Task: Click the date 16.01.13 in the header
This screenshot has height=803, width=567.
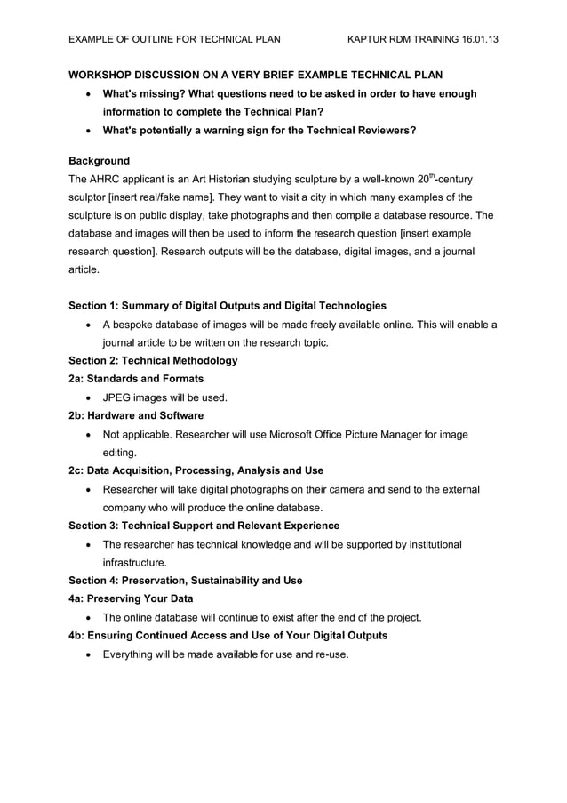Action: point(476,40)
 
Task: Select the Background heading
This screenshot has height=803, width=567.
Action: point(99,161)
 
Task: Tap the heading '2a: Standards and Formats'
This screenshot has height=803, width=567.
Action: point(136,379)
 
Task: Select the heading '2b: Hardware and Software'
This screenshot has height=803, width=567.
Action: point(136,415)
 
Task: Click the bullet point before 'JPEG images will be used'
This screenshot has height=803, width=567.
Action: point(89,398)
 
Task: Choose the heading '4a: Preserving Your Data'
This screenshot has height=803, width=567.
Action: point(131,598)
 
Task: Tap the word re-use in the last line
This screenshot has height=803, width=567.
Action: point(329,654)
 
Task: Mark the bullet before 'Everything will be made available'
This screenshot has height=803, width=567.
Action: point(89,655)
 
